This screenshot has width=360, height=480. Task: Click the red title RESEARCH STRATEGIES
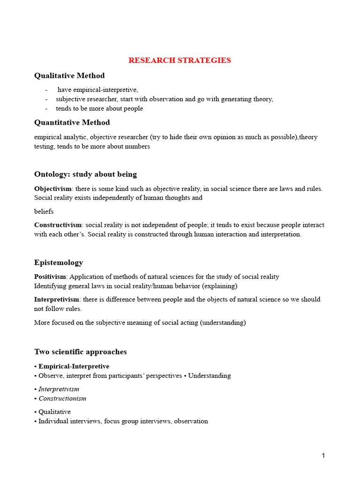pyautogui.click(x=180, y=60)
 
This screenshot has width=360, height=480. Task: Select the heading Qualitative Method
pyautogui.click(x=69, y=76)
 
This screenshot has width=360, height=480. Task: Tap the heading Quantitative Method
pyautogui.click(x=72, y=123)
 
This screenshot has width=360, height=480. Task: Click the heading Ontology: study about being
pyautogui.click(x=85, y=174)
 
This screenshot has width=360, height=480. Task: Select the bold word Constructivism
pyautogui.click(x=58, y=225)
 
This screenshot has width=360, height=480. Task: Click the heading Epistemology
pyautogui.click(x=59, y=262)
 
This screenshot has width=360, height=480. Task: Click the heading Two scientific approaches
pyautogui.click(x=81, y=352)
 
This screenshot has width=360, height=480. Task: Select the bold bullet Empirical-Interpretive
pyautogui.click(x=74, y=366)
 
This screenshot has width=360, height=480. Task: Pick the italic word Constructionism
pyautogui.click(x=62, y=398)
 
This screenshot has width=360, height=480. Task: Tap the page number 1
pyautogui.click(x=323, y=456)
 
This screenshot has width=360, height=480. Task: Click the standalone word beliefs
pyautogui.click(x=44, y=211)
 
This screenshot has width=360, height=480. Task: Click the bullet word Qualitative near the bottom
pyautogui.click(x=54, y=412)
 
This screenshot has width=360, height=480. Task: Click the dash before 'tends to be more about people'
pyautogui.click(x=46, y=109)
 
